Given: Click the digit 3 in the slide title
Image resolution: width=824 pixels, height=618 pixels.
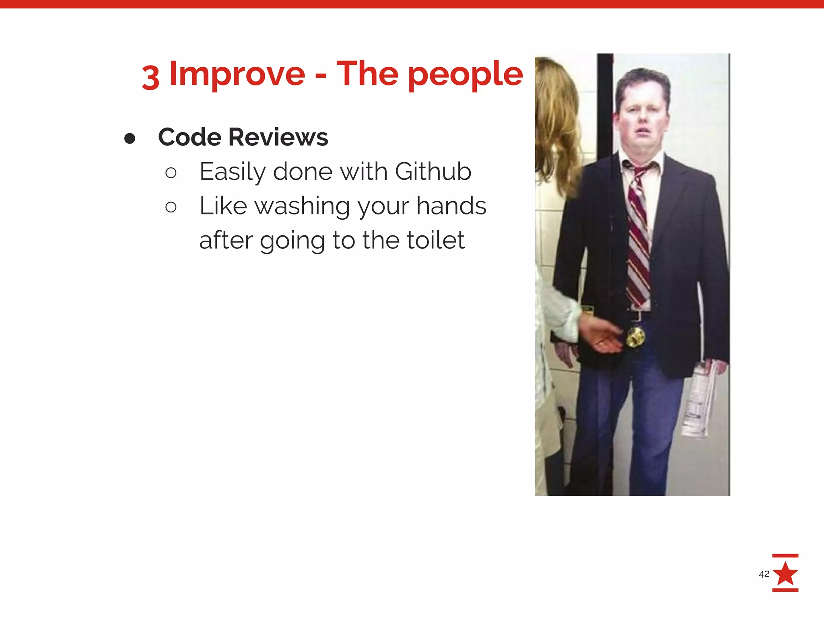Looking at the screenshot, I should (150, 77).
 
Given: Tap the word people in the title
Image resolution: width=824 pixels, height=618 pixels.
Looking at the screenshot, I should (466, 75).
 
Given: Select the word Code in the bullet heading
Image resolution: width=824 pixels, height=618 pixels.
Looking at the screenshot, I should (190, 137).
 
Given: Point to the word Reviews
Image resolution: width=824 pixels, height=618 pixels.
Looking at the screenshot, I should (278, 137).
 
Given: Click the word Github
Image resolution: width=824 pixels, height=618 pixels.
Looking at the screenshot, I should (433, 172).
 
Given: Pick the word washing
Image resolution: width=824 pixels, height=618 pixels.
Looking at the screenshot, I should (302, 207).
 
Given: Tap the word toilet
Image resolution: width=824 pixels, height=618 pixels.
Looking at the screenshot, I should (436, 240).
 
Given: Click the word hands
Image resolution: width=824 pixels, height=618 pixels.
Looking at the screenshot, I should (451, 206).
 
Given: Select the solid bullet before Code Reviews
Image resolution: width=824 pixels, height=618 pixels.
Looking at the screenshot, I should (130, 138).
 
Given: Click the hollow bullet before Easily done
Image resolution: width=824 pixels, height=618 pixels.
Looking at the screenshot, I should (171, 173).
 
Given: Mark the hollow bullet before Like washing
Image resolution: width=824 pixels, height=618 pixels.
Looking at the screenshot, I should (171, 207).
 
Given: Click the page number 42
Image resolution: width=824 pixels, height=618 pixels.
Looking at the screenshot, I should (764, 574).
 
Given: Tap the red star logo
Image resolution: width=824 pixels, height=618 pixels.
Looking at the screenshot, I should (785, 573).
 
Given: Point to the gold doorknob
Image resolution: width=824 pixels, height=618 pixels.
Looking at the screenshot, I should (634, 337).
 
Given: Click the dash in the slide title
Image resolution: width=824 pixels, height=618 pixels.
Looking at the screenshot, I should (321, 75).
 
